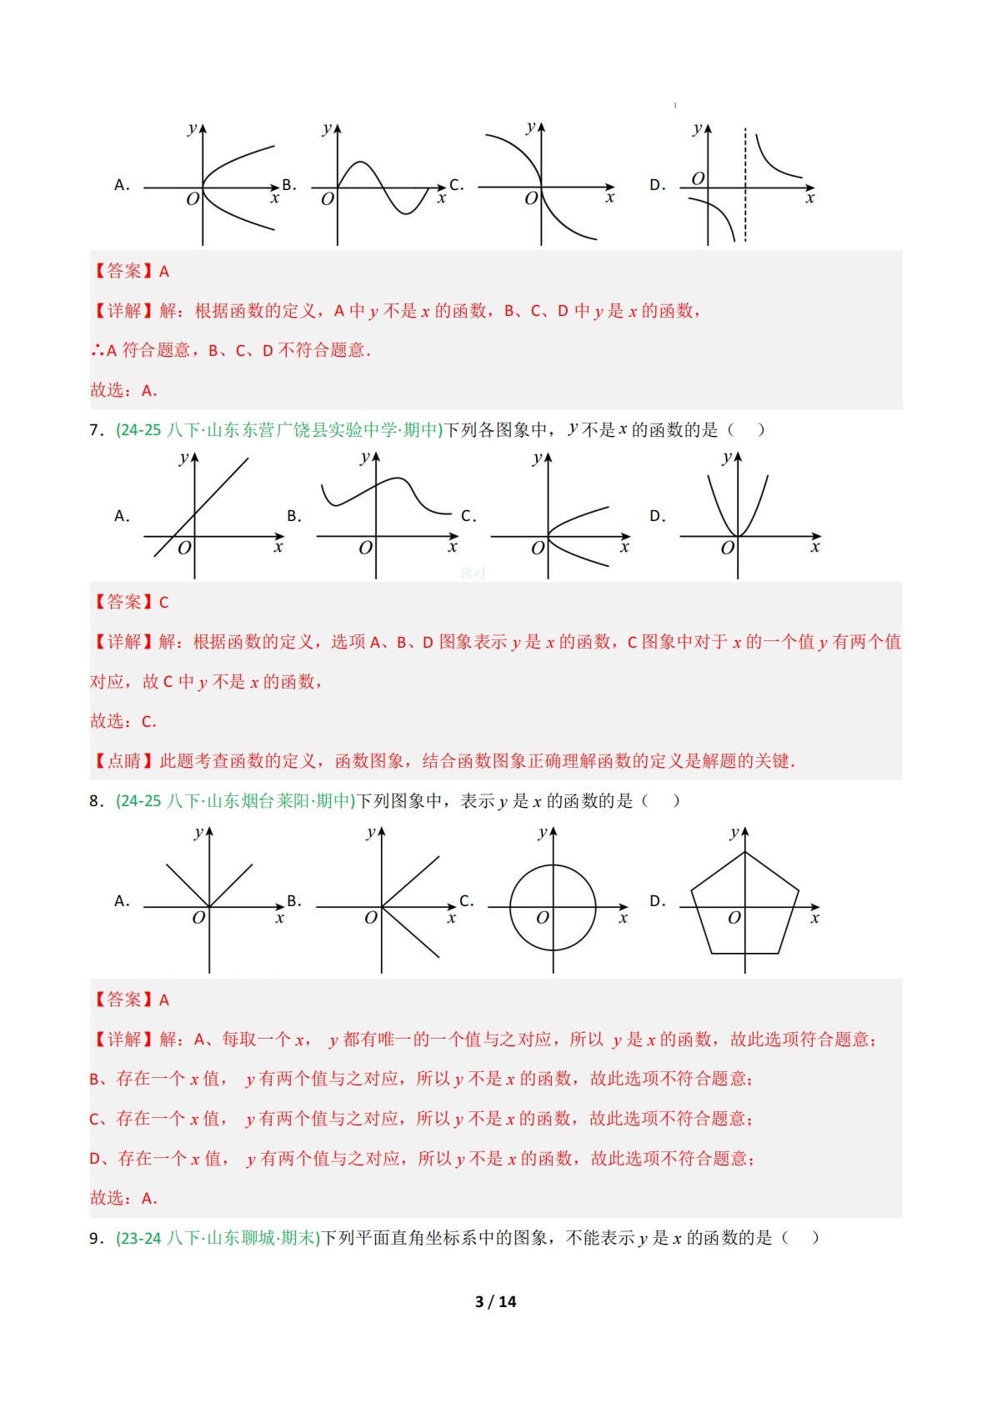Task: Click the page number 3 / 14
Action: pyautogui.click(x=495, y=1301)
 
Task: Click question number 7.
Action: pyautogui.click(x=96, y=430)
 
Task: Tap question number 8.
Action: pyautogui.click(x=96, y=801)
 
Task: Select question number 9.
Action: pyautogui.click(x=96, y=1238)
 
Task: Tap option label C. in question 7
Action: pyautogui.click(x=468, y=517)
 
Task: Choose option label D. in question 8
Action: pyautogui.click(x=658, y=901)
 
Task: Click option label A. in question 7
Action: pyautogui.click(x=122, y=517)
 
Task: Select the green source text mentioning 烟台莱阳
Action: pyautogui.click(x=236, y=801)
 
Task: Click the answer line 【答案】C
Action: pyautogui.click(x=130, y=602)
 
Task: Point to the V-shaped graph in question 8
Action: pyautogui.click(x=208, y=884)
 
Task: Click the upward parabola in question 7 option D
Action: pyautogui.click(x=738, y=509)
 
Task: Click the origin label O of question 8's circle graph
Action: pyautogui.click(x=543, y=918)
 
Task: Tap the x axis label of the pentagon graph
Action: pyautogui.click(x=814, y=919)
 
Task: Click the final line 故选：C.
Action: pyautogui.click(x=123, y=722)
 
